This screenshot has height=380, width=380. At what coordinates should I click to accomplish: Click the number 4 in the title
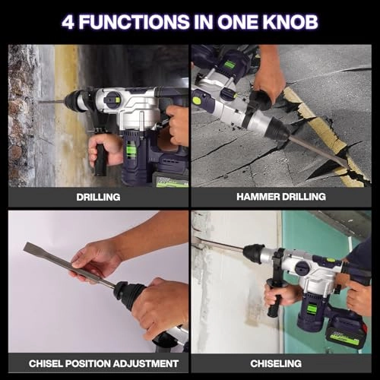coord(68,21)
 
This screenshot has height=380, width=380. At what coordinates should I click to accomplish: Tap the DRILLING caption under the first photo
coord(98,197)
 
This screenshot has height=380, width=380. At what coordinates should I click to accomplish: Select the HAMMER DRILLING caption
coord(281,197)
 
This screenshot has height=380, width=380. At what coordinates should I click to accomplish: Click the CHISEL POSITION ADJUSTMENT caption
coord(98,363)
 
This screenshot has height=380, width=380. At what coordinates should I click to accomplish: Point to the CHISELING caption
coord(281,363)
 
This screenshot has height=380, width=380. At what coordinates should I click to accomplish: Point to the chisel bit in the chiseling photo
coord(220,245)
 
